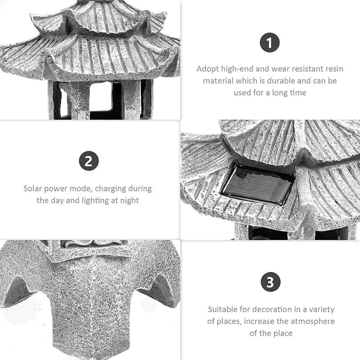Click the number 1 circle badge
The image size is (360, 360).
pyautogui.click(x=270, y=42)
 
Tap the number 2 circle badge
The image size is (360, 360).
pyautogui.click(x=89, y=161)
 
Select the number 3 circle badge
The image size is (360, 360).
pyautogui.click(x=271, y=282)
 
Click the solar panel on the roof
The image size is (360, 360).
pyautogui.click(x=257, y=185)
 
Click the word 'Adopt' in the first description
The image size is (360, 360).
pyautogui.click(x=208, y=69)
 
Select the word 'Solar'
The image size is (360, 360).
pyautogui.click(x=32, y=189)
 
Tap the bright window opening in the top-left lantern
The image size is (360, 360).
pyautogui.click(x=100, y=96)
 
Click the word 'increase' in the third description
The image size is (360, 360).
pyautogui.click(x=259, y=321)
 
